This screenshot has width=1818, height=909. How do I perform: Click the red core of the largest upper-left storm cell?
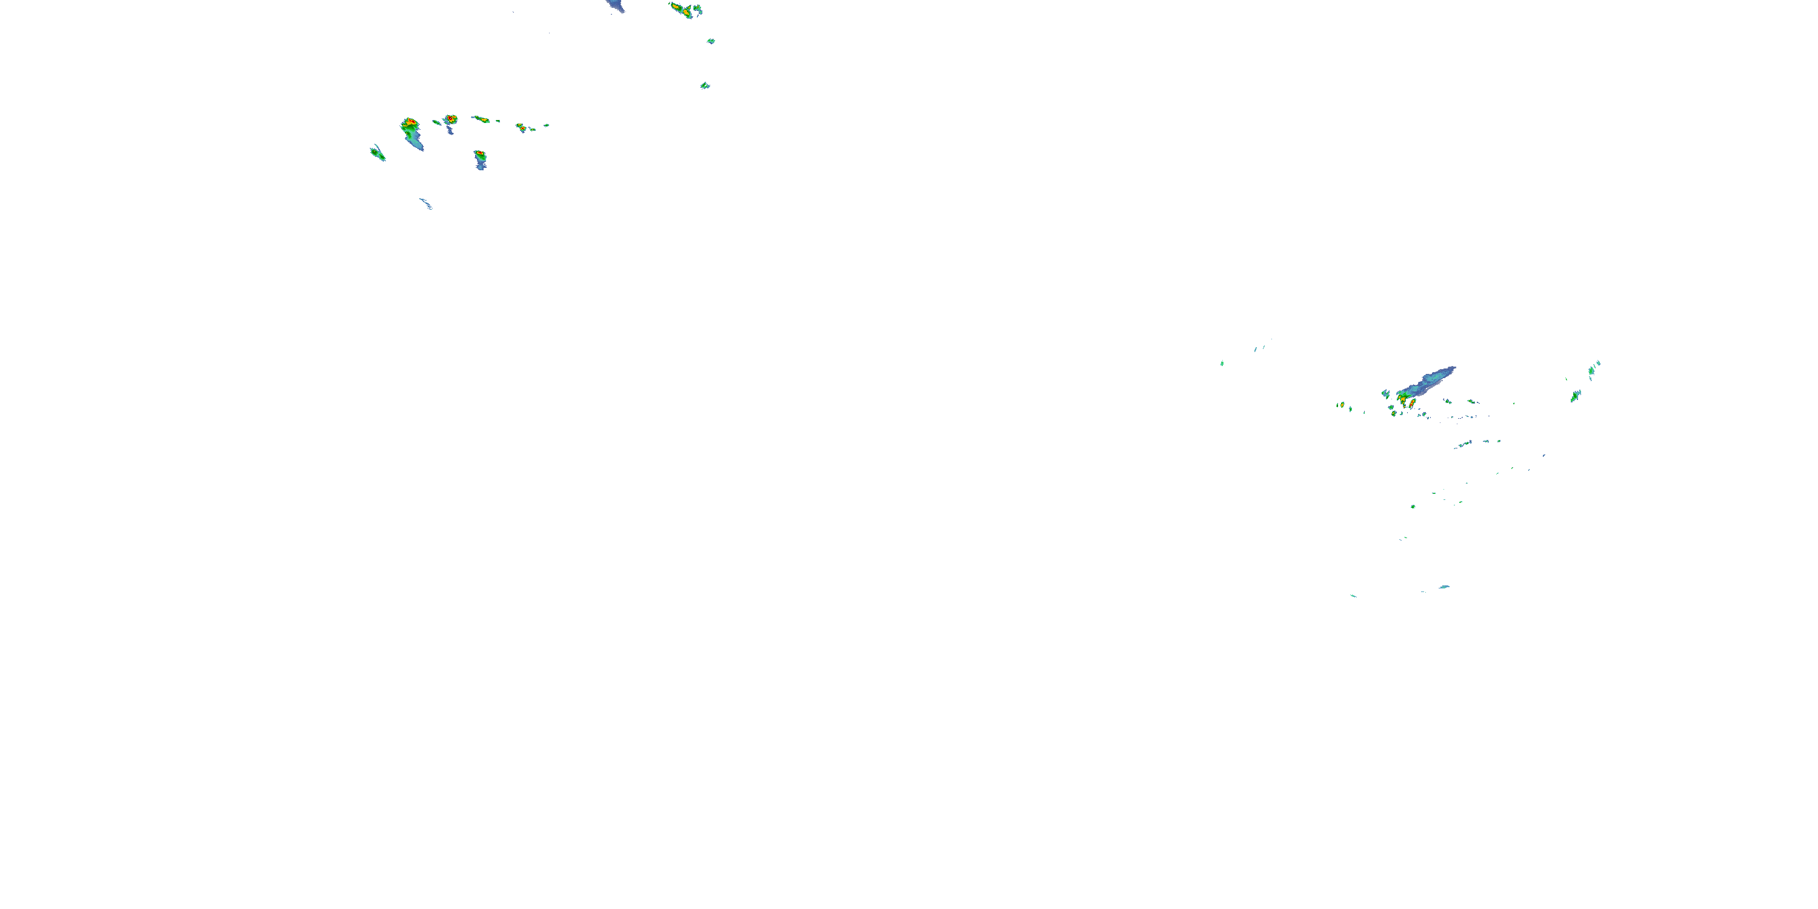409,123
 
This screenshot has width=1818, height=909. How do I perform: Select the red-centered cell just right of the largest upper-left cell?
450,119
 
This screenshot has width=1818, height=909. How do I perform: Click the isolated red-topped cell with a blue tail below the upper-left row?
480,155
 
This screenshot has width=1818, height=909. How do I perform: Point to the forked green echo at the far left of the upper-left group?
378,153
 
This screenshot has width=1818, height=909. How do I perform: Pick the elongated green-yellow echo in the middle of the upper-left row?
481,119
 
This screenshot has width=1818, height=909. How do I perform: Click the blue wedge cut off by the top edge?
616,5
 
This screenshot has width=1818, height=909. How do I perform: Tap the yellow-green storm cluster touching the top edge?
682,10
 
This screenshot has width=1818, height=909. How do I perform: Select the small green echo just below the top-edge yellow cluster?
711,41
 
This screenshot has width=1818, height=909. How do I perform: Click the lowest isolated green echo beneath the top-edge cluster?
704,85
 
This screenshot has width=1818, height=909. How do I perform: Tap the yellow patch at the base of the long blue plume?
1402,398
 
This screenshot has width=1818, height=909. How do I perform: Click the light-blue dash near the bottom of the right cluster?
1444,587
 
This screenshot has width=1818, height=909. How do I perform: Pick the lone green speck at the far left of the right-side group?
1222,363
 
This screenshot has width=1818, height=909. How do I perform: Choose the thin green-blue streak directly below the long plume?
1463,444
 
